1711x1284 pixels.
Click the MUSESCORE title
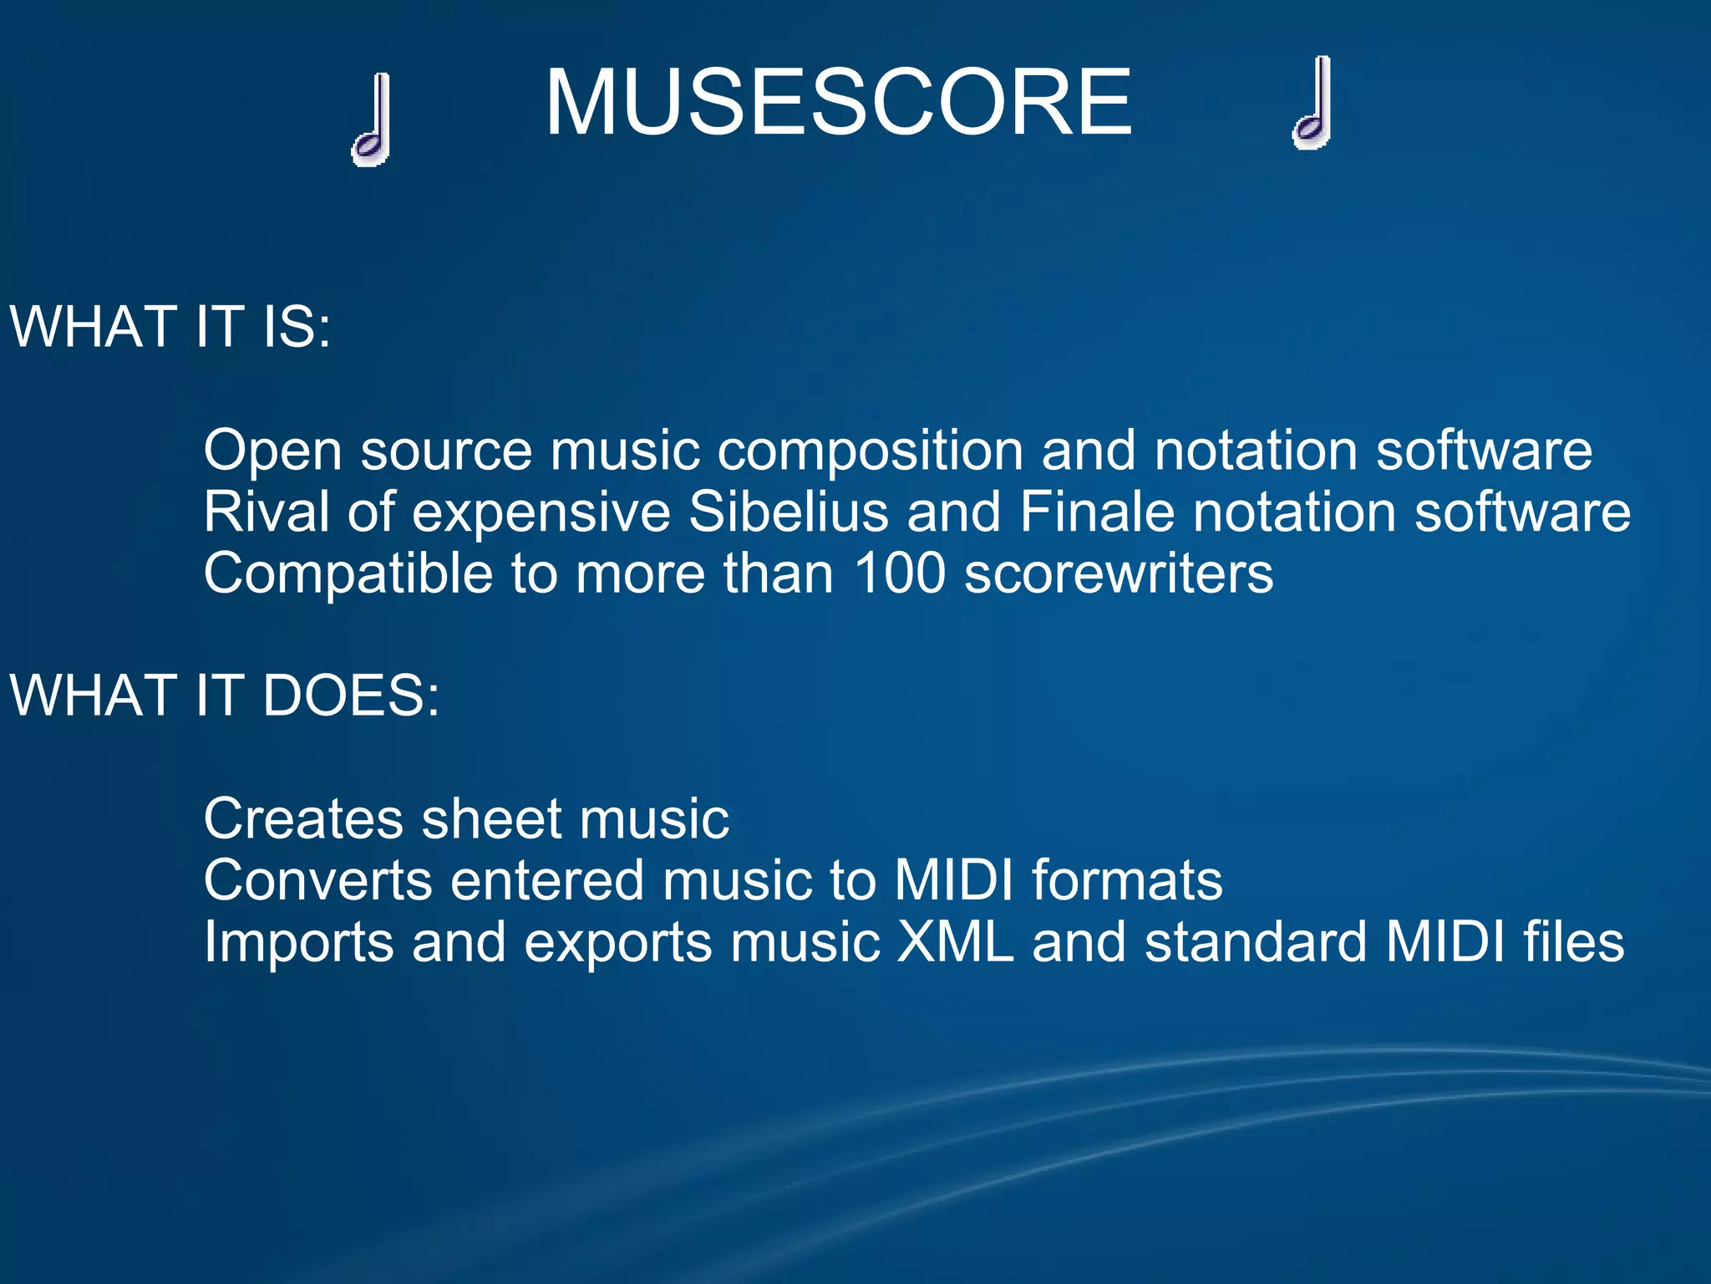[838, 103]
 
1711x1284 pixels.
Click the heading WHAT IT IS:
[170, 326]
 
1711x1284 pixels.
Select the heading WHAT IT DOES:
[224, 695]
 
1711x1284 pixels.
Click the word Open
[272, 451]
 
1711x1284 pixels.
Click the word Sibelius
[788, 512]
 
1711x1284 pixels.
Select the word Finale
[1096, 512]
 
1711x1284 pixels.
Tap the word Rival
[266, 512]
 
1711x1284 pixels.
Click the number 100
[900, 573]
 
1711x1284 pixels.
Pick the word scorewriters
[1119, 573]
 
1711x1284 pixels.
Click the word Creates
[302, 818]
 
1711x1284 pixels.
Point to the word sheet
[491, 818]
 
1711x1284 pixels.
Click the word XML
[955, 942]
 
